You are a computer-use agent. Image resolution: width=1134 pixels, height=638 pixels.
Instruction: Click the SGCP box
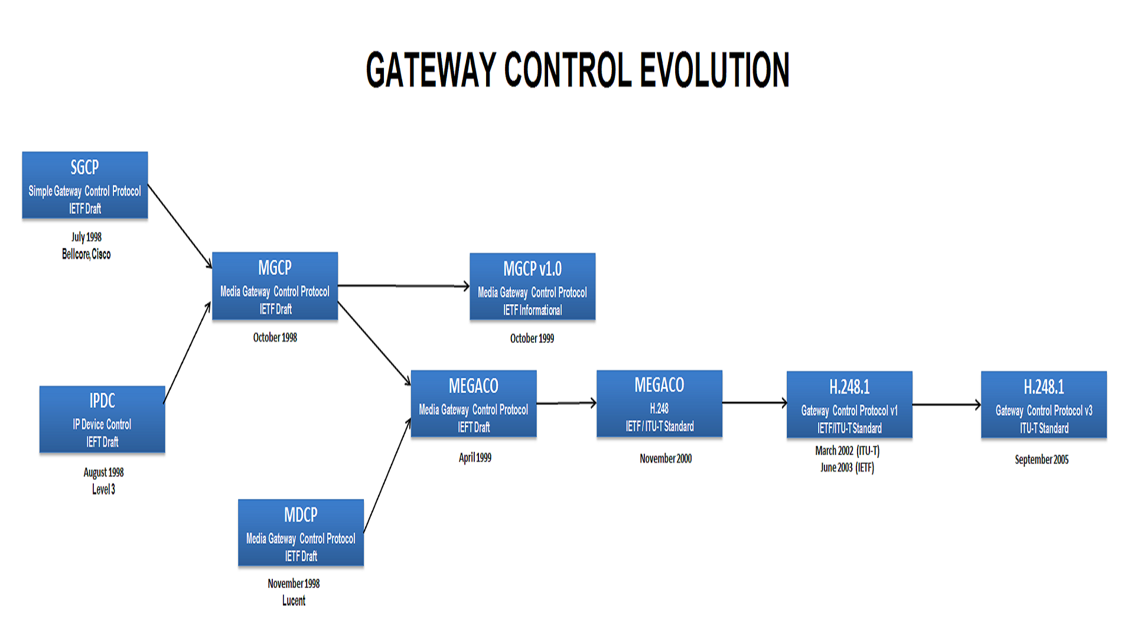pos(85,185)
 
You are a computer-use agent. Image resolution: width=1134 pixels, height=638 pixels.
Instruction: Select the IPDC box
pos(102,419)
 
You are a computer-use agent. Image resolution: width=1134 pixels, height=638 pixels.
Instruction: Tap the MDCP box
pos(301,533)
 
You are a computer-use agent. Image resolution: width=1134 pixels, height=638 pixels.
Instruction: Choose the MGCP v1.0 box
pos(532,287)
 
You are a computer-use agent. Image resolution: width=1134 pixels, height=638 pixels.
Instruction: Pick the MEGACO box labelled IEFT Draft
pos(474,404)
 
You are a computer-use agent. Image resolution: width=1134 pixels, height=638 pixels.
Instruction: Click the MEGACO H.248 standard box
pos(659,404)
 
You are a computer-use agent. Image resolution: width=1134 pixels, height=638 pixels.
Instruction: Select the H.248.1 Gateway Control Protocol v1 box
pos(849,405)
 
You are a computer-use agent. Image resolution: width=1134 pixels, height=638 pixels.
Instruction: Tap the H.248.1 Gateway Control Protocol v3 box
pos(1044,405)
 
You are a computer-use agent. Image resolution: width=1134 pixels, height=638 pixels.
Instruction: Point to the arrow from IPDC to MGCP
pos(187,353)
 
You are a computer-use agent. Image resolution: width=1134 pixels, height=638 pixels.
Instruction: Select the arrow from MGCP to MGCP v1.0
pos(403,286)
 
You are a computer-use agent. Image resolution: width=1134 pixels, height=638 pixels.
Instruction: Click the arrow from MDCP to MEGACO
pos(387,476)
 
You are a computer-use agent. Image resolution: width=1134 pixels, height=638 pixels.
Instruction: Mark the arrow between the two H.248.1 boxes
pos(946,405)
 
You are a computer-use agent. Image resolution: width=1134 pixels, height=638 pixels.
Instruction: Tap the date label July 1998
pos(86,237)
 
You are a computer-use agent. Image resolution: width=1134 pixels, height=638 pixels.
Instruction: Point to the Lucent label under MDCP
pos(294,601)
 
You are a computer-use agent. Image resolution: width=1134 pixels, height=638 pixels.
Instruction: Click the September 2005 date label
pos(1041,460)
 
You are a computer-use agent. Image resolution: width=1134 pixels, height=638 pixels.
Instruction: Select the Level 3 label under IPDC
pos(103,489)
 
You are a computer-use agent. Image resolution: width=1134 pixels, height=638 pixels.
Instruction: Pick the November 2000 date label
pos(665,458)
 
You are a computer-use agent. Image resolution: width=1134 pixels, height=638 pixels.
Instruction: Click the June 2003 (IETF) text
pos(847,468)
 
